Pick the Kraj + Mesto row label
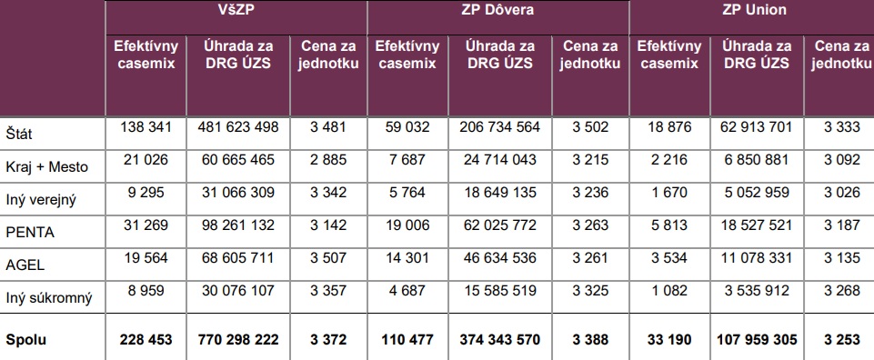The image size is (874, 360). click(46, 166)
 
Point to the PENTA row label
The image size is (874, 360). click(30, 233)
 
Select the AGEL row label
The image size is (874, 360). click(25, 265)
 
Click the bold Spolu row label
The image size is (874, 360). click(26, 340)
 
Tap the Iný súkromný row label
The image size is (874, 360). click(48, 298)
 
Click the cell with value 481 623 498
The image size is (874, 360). click(238, 127)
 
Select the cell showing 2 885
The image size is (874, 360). click(327, 161)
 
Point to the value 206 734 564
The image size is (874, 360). click(500, 127)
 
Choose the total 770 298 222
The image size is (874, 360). click(238, 339)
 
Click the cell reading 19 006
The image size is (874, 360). click(407, 225)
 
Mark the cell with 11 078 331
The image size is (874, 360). click(757, 258)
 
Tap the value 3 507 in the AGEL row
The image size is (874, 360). click(327, 258)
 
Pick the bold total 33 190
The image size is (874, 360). click(669, 339)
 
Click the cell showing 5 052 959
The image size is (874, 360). click(757, 193)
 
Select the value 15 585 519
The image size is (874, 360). click(500, 291)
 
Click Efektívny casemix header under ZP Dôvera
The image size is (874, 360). click(407, 54)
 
